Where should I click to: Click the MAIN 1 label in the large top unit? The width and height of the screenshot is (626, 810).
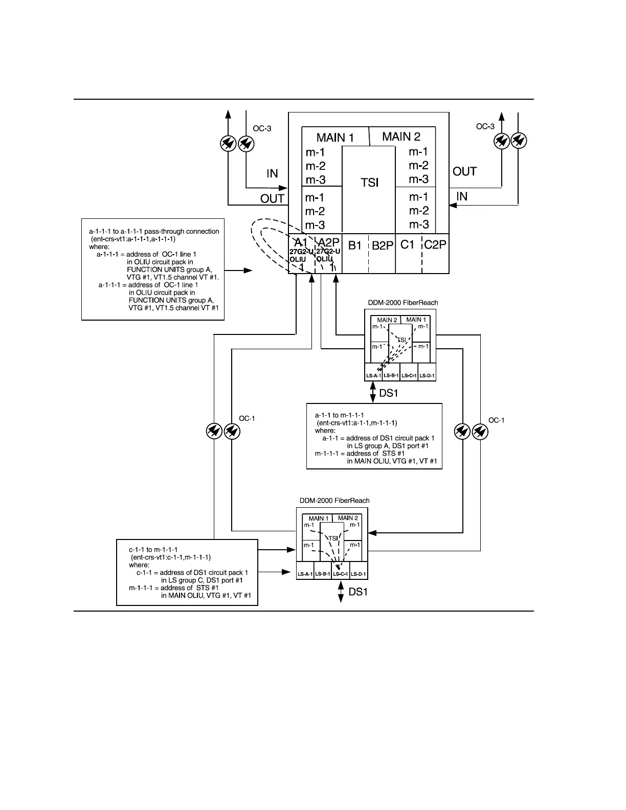(x=335, y=138)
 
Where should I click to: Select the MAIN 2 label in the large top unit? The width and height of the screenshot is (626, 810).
(x=401, y=137)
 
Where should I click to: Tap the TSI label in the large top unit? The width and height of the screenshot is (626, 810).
(x=369, y=183)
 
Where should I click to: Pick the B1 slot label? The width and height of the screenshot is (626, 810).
(x=355, y=245)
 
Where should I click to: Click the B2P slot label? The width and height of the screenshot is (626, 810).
(x=383, y=246)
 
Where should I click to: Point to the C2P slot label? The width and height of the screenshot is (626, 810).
(x=435, y=245)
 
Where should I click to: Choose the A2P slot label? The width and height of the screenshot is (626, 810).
(x=329, y=242)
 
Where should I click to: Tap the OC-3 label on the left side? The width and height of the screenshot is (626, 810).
(x=262, y=129)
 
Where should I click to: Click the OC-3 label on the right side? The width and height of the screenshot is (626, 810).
(x=485, y=126)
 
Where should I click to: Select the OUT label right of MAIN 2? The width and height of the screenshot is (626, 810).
(x=464, y=172)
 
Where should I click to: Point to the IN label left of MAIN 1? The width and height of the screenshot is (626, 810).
(x=272, y=174)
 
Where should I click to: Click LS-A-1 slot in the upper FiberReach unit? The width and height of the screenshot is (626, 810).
(x=373, y=376)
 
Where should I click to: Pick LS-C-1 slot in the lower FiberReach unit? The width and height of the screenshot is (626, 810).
(x=341, y=574)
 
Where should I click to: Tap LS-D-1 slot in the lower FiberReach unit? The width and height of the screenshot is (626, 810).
(x=359, y=574)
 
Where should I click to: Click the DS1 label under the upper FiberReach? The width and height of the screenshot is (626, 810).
(x=388, y=393)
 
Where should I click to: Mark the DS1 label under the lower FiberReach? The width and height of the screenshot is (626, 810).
(x=358, y=592)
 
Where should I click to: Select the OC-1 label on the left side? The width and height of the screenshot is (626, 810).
(x=247, y=419)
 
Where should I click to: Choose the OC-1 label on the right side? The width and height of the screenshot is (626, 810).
(x=496, y=420)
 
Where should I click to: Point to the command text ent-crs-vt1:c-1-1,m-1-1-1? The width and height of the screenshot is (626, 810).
(x=171, y=557)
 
